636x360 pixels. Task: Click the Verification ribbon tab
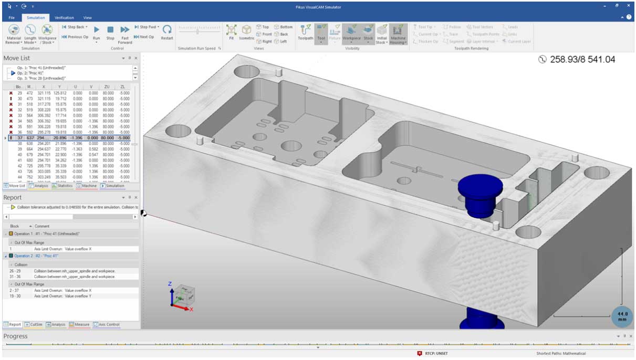pyautogui.click(x=64, y=17)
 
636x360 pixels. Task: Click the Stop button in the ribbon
pyautogui.click(x=110, y=32)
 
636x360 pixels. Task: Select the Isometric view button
pyautogui.click(x=246, y=32)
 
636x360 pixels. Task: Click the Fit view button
pyautogui.click(x=231, y=32)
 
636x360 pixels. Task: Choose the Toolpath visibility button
pyautogui.click(x=305, y=32)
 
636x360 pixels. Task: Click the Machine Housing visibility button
pyautogui.click(x=398, y=33)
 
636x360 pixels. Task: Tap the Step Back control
pyautogui.click(x=75, y=27)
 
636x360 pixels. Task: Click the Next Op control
pyautogui.click(x=144, y=37)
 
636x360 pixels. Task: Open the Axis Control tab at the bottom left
pyautogui.click(x=107, y=324)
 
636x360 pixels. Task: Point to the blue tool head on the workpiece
pyautogui.click(x=478, y=192)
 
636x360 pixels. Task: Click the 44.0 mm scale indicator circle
pyautogui.click(x=622, y=316)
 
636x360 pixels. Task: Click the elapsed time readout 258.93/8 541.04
pyautogui.click(x=578, y=60)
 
